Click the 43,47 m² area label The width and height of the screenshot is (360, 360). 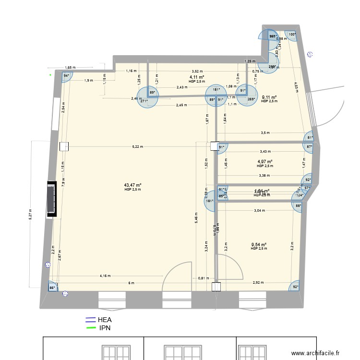click(132, 185)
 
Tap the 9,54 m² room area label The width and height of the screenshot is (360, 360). click(259, 244)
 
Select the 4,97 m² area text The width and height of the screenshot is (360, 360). click(265, 162)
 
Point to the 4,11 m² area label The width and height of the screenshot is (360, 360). click(197, 77)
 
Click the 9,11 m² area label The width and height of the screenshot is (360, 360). click(269, 97)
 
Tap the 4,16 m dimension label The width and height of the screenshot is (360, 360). click(105, 276)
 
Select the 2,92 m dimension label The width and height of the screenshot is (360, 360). click(258, 283)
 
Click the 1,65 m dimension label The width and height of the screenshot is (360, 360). click(70, 68)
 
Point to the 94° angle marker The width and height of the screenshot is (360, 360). click(67, 75)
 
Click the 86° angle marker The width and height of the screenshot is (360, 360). click(52, 288)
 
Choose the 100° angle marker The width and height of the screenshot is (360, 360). click(292, 35)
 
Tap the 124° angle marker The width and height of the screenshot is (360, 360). click(300, 195)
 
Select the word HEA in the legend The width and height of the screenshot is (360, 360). click(106, 319)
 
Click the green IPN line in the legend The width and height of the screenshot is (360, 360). click(90, 328)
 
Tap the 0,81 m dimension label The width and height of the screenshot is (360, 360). click(204, 278)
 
